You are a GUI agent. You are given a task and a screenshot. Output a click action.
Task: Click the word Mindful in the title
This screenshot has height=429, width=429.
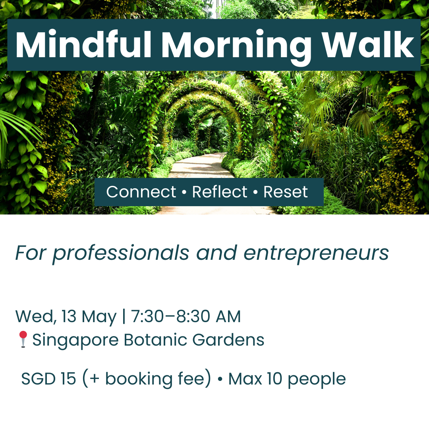83,45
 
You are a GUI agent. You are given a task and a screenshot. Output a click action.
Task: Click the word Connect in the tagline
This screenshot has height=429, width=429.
141,192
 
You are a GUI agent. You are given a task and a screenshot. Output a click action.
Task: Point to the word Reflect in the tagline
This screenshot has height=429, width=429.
220,192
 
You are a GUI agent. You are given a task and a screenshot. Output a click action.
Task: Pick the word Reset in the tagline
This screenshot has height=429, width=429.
286,192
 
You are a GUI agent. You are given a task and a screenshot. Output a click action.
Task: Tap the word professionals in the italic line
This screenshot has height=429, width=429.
121,253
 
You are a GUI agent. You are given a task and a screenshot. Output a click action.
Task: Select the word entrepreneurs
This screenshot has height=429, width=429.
316,253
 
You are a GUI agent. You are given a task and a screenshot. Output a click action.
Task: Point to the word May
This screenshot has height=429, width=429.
99,317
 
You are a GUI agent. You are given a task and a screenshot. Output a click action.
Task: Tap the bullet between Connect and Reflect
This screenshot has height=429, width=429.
184,193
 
